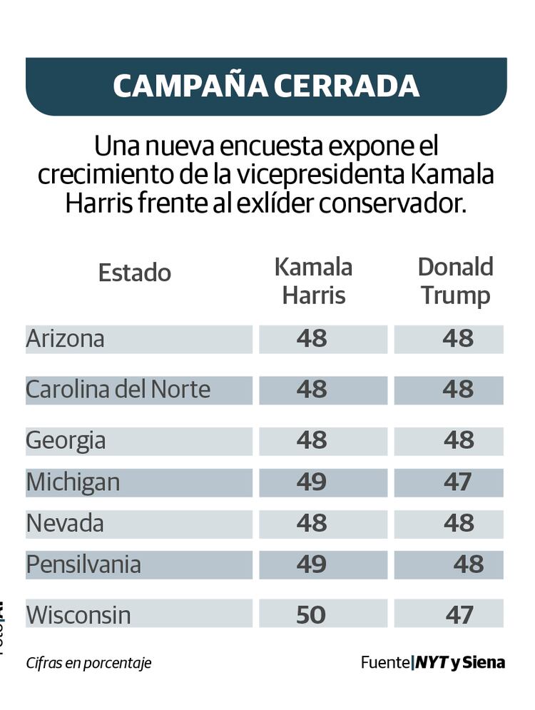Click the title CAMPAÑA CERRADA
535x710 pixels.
(266, 86)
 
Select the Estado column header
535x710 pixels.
(134, 273)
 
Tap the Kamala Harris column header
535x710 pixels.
(314, 281)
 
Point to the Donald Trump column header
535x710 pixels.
(456, 281)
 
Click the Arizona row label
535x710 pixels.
(66, 339)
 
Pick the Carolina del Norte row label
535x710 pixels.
(118, 390)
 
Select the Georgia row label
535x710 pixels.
(66, 440)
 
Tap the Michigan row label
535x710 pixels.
(73, 483)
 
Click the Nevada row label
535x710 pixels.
(65, 524)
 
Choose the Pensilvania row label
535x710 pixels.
(83, 565)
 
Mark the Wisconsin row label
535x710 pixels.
(78, 614)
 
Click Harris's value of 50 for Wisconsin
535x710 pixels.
(311, 614)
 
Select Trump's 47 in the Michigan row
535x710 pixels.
(457, 483)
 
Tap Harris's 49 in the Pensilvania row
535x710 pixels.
(312, 565)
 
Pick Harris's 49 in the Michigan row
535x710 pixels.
(312, 483)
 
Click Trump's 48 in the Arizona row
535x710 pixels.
(457, 339)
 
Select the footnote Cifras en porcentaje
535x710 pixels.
(88, 663)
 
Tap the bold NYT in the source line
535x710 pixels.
(431, 662)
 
